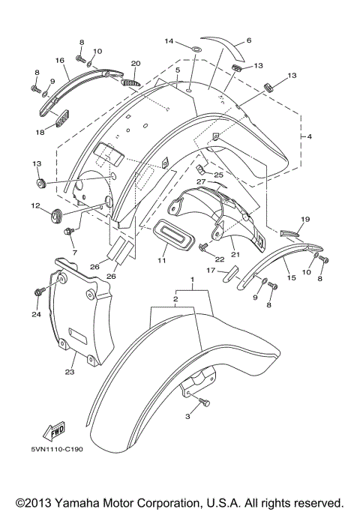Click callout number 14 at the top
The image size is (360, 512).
click(169, 40)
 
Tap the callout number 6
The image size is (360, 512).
click(249, 40)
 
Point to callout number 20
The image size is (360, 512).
click(136, 64)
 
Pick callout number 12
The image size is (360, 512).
click(35, 205)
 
